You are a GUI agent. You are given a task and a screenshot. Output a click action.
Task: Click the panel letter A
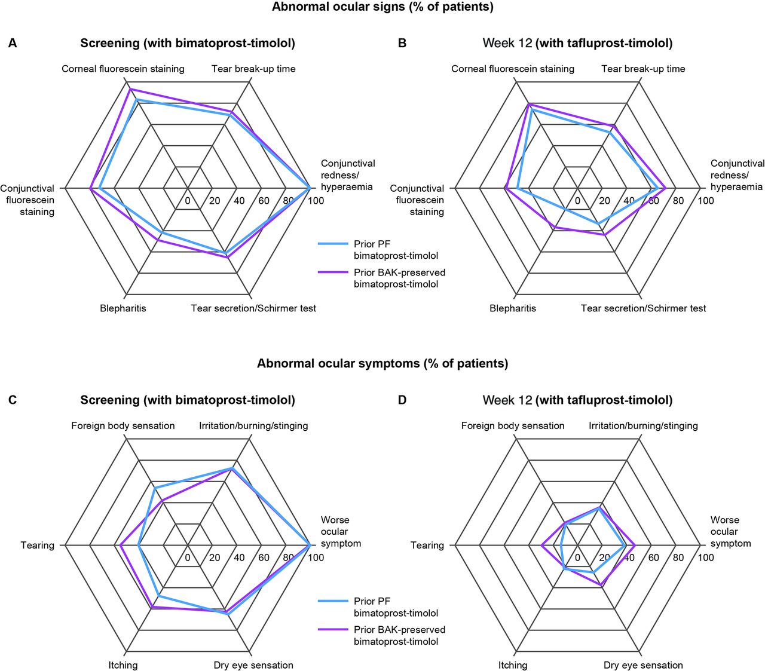click(x=13, y=44)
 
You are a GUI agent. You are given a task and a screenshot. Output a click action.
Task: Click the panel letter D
click(x=402, y=400)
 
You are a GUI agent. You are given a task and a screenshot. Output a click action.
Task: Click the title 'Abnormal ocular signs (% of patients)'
click(x=382, y=7)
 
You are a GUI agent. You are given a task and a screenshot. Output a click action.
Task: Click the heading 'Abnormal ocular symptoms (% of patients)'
click(x=382, y=363)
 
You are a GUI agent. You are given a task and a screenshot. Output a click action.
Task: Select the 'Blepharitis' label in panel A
click(x=123, y=308)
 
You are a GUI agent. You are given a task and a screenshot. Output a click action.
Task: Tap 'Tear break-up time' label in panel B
click(x=643, y=69)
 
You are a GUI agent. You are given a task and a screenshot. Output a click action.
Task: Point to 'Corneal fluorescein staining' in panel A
click(x=123, y=69)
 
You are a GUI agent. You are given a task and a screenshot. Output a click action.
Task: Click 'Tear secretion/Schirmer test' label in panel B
click(x=643, y=308)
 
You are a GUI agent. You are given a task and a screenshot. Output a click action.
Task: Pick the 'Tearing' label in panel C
click(x=38, y=545)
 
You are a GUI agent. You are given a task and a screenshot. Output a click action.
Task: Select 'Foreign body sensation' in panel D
click(x=512, y=425)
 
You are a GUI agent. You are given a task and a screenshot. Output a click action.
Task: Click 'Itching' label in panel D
click(x=512, y=665)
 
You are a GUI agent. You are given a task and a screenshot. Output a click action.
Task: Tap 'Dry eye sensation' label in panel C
click(x=253, y=665)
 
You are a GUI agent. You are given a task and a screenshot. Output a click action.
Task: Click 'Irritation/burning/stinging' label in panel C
click(x=253, y=425)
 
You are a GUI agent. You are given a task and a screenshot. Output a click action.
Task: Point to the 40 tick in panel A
click(x=239, y=201)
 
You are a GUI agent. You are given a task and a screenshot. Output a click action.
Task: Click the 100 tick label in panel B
click(x=705, y=201)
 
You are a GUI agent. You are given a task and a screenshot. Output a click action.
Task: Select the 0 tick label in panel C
click(x=187, y=557)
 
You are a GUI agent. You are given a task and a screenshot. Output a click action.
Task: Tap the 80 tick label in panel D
click(x=678, y=557)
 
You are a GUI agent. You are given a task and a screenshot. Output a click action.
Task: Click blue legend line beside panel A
click(x=333, y=244)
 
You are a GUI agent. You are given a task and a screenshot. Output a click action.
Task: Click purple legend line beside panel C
click(x=333, y=629)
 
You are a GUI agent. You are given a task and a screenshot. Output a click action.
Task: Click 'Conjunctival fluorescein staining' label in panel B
click(x=417, y=200)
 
